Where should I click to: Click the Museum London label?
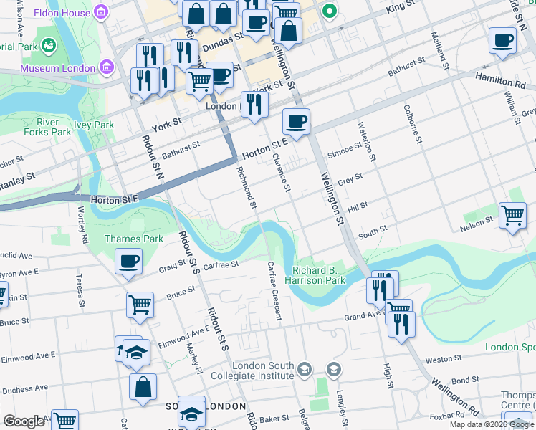tap(57, 68)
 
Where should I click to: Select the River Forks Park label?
tap(54, 127)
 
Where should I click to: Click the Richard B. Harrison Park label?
tap(319, 275)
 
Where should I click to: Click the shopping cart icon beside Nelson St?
tap(512, 215)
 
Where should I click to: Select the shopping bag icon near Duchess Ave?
tap(143, 387)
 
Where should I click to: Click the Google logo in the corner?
tap(24, 421)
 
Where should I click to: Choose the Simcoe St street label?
tap(345, 148)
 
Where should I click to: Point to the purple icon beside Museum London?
tap(107, 68)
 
